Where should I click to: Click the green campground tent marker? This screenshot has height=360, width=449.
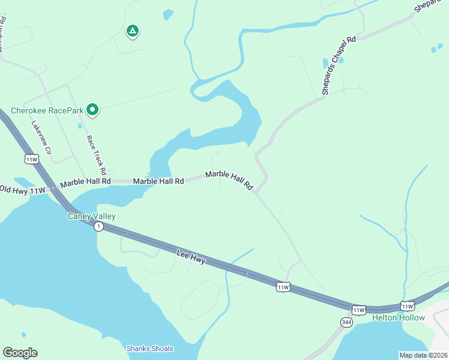(x=132, y=31)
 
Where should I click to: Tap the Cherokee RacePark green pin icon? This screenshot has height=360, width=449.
(x=92, y=109)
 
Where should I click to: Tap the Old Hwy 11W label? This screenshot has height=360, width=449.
(x=23, y=190)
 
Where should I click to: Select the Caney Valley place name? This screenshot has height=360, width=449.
(x=91, y=216)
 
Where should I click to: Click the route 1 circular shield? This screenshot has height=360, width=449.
(x=98, y=226)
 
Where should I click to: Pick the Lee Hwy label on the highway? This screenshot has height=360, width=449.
(x=191, y=257)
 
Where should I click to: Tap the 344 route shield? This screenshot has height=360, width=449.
(x=346, y=322)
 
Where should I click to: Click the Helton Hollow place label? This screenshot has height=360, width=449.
(x=398, y=317)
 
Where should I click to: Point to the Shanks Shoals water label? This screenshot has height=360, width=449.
(x=149, y=349)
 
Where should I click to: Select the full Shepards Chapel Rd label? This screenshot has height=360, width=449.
(x=339, y=65)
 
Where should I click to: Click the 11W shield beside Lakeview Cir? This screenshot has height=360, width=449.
(x=31, y=159)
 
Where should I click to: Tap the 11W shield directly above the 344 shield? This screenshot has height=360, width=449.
(x=358, y=310)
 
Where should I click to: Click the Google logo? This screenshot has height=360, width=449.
(x=20, y=352)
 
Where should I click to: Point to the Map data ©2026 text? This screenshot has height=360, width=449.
(x=423, y=355)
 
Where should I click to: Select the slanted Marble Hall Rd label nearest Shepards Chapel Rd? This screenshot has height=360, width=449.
(x=229, y=180)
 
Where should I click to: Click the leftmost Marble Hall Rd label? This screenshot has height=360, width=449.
(x=85, y=181)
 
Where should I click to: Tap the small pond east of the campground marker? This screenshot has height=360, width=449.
(x=168, y=14)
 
